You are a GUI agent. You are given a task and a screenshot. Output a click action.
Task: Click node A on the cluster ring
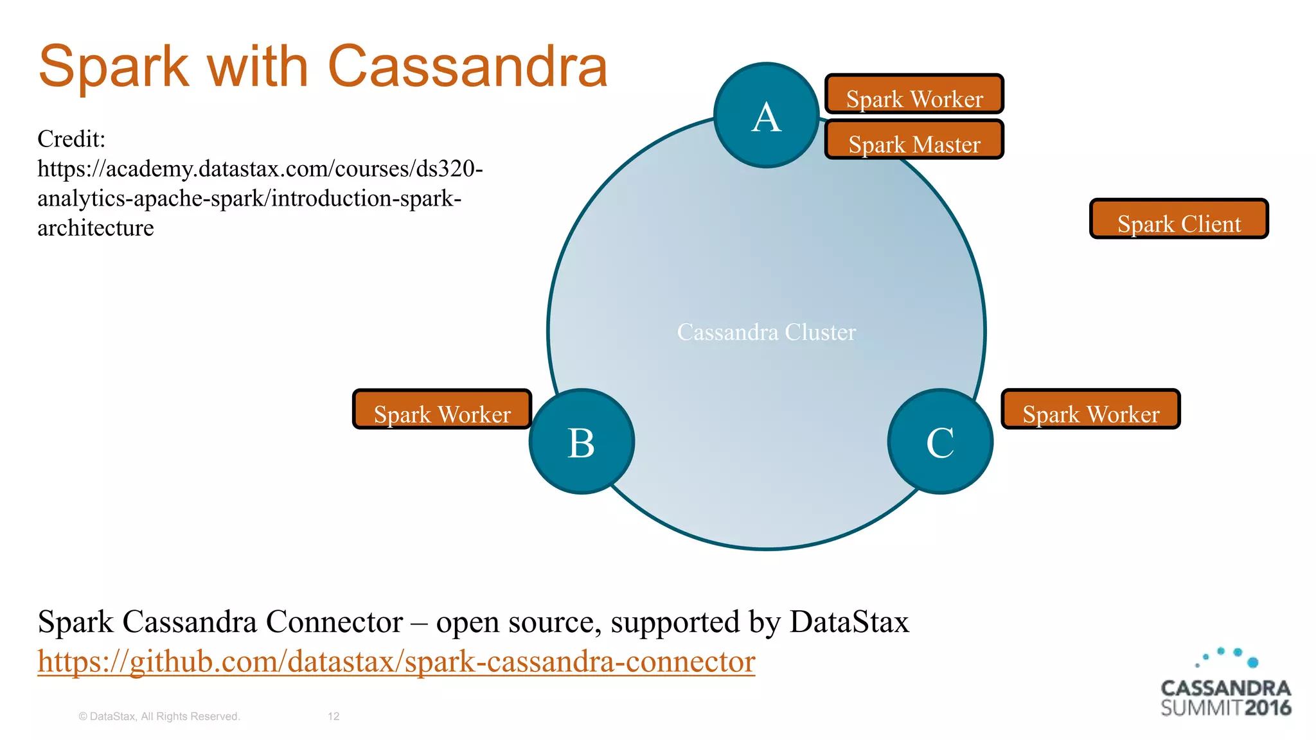(766, 116)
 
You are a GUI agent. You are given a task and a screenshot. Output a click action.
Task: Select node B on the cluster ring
(582, 442)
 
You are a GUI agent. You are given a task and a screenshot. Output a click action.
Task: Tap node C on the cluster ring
(940, 442)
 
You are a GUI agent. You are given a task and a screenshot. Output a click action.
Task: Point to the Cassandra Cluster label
(766, 332)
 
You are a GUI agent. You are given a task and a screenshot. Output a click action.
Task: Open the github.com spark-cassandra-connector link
(396, 661)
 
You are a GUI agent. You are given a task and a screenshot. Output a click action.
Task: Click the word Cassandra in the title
(468, 67)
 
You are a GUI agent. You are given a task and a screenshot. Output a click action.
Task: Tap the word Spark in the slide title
(114, 67)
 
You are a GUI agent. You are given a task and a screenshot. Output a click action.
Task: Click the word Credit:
(71, 139)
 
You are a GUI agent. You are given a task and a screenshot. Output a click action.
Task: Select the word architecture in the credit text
(96, 228)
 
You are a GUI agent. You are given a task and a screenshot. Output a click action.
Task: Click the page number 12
(333, 716)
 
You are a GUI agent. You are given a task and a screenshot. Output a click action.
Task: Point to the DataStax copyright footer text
(159, 716)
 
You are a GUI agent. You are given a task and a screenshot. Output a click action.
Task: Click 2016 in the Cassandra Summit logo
(1267, 709)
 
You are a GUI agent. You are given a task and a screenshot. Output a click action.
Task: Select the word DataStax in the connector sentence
(849, 622)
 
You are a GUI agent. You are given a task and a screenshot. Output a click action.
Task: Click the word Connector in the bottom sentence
(334, 622)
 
